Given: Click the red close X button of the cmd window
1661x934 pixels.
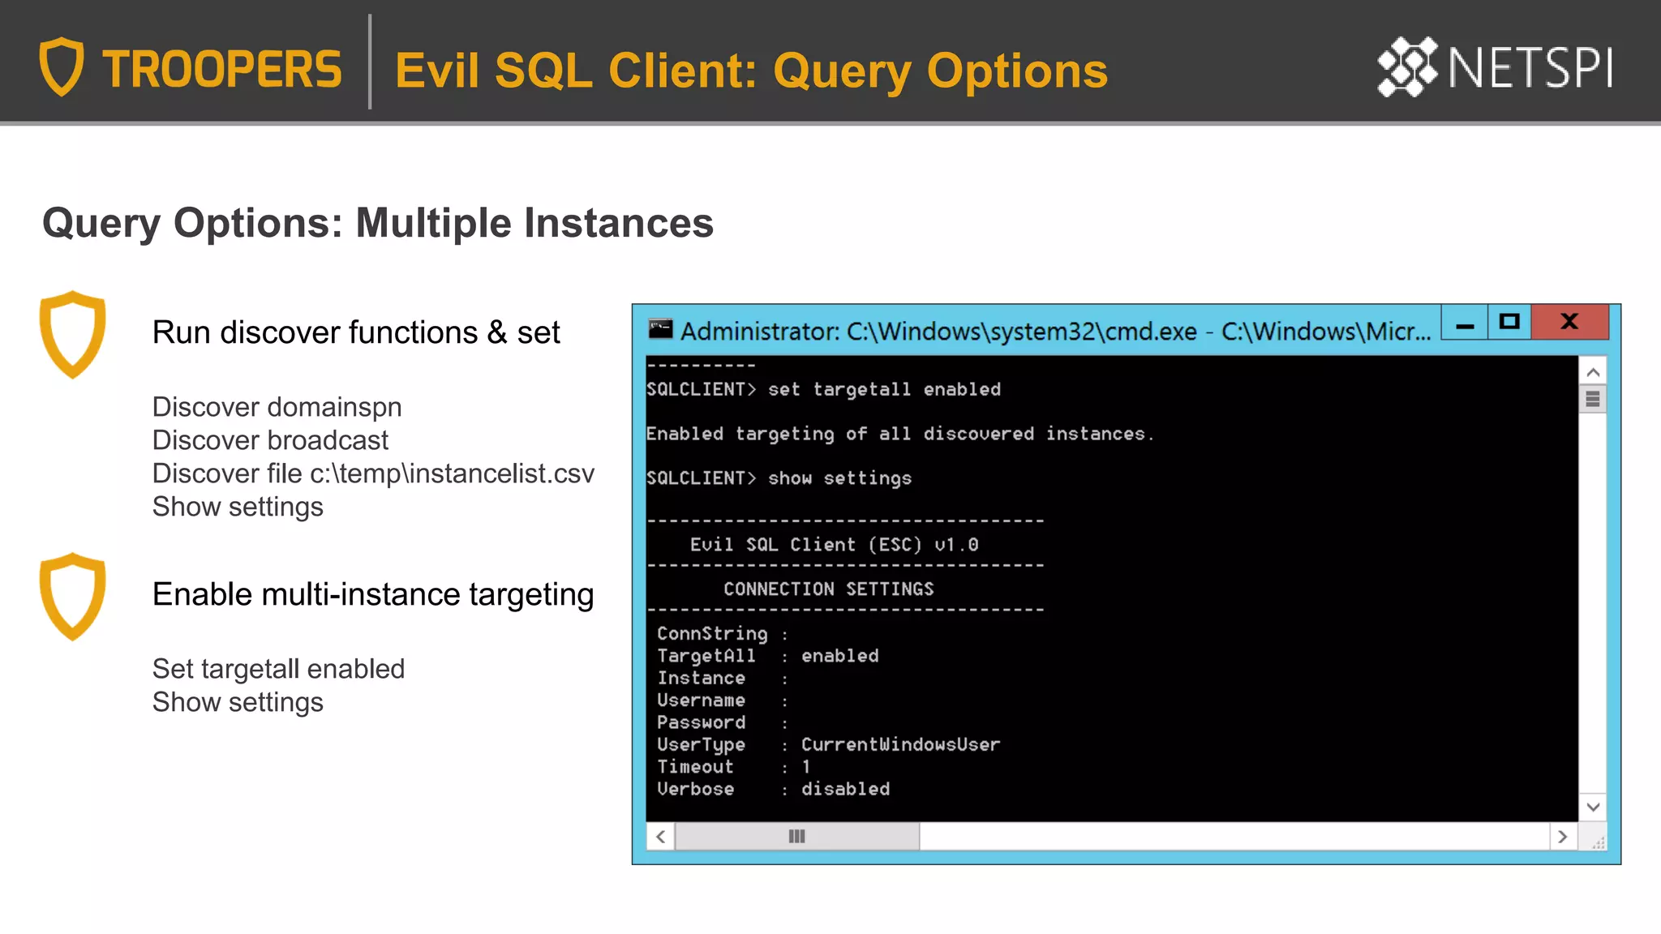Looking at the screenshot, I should (1569, 322).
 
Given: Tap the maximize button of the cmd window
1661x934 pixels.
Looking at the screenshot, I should (1509, 322).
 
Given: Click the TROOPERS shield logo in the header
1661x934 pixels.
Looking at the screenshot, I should (62, 66).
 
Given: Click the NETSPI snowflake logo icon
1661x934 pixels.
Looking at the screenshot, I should (1407, 66).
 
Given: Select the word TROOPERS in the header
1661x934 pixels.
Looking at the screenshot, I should (221, 70).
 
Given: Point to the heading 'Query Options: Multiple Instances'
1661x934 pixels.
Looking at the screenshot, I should (377, 223).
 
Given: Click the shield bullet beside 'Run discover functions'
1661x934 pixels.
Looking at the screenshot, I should (73, 334).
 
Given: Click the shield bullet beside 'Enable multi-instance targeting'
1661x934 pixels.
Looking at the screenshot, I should (73, 596).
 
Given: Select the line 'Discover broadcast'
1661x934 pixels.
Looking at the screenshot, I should (270, 440).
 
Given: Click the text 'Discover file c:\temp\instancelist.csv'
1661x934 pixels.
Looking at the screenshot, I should (373, 473).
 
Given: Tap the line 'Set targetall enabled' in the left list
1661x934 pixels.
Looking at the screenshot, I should (278, 669).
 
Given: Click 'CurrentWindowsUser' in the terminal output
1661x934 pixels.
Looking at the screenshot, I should (900, 744).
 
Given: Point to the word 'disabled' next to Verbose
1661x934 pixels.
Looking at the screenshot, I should (845, 789).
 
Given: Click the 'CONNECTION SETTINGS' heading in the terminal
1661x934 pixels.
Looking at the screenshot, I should (828, 589).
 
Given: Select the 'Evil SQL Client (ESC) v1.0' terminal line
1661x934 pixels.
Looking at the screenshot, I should (834, 545).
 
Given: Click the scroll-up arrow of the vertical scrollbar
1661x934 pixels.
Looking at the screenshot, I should (1593, 372).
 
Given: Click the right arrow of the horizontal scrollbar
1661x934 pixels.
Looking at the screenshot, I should (1563, 837).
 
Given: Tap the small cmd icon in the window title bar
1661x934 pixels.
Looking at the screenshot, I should (660, 328).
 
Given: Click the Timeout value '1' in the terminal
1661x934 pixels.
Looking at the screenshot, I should (806, 767).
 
